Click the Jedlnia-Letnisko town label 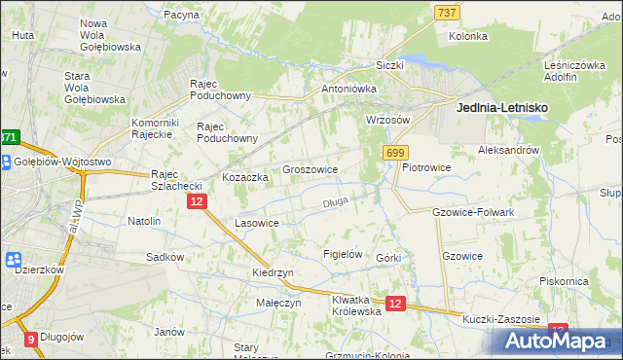(x=501, y=111)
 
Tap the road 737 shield (x=447, y=12)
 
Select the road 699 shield (x=395, y=153)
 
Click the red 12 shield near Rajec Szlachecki (x=197, y=200)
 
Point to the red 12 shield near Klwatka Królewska (x=394, y=304)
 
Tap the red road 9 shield (x=31, y=340)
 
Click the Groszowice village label (x=310, y=169)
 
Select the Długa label (x=335, y=203)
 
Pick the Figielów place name (x=343, y=254)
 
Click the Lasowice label (x=258, y=223)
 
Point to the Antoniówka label (x=348, y=89)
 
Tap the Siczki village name (x=390, y=65)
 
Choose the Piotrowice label (x=426, y=167)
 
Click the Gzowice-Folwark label (x=473, y=211)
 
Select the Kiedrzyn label (x=273, y=273)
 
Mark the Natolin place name (x=144, y=221)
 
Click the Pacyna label (x=182, y=16)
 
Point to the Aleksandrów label (x=508, y=151)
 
